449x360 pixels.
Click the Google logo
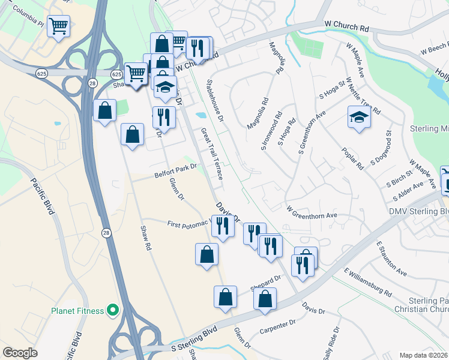(x=20, y=353)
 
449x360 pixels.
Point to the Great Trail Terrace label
(x=212, y=154)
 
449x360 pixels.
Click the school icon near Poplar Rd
(x=359, y=118)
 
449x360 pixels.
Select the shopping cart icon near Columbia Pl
(x=59, y=26)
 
